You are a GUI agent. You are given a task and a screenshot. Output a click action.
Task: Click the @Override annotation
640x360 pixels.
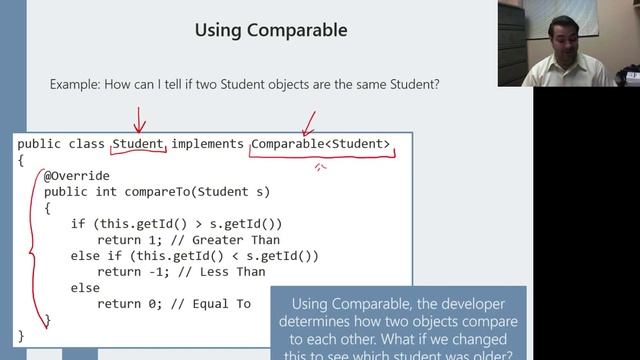77,176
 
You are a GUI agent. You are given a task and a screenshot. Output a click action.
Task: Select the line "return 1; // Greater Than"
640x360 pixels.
189,240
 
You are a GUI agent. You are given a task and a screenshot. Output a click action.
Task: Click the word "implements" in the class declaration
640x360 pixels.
207,144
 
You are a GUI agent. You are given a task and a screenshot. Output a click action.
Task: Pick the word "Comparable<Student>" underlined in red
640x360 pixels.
321,144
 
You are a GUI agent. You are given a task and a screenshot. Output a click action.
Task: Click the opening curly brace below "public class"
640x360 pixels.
21,160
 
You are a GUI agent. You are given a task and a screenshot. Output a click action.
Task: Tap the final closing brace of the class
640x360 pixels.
21,335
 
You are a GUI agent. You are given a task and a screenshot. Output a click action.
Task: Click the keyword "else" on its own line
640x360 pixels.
84,287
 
